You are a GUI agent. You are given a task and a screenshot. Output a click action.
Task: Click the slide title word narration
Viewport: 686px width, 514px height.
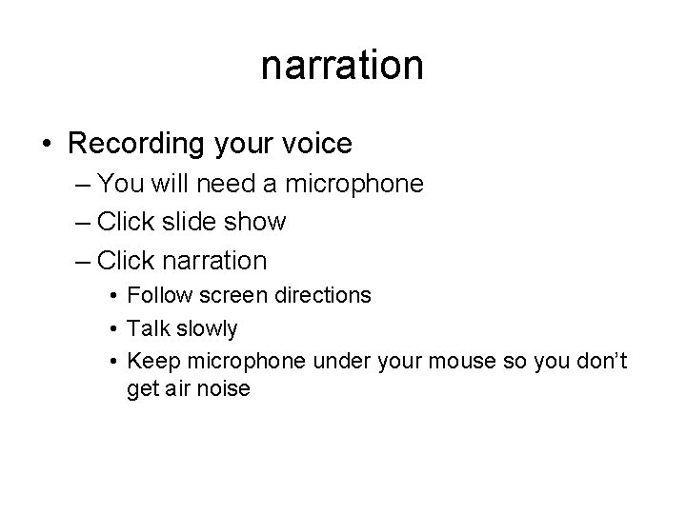(x=342, y=66)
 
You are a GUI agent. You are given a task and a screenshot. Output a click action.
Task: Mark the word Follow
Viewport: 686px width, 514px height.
(x=156, y=296)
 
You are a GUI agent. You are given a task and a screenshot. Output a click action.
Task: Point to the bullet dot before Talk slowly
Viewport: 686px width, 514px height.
(x=113, y=329)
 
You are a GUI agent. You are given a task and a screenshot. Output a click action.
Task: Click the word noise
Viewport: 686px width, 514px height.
(x=222, y=388)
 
